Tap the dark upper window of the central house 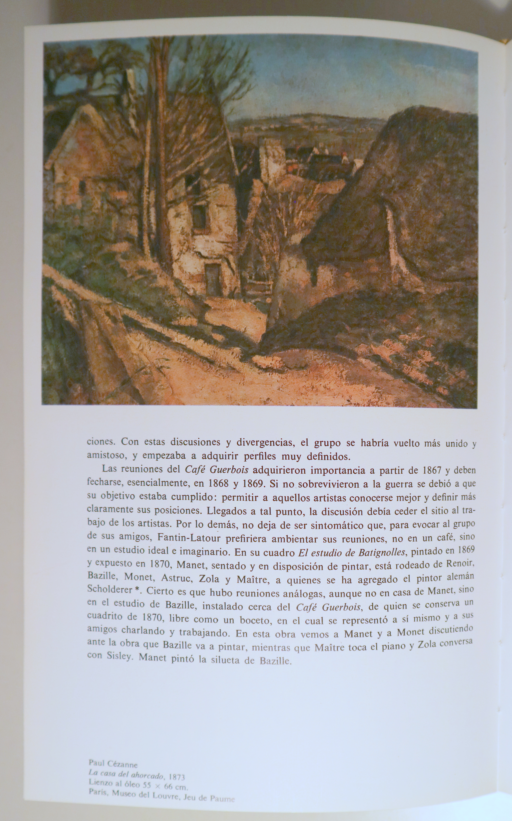[199, 216]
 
